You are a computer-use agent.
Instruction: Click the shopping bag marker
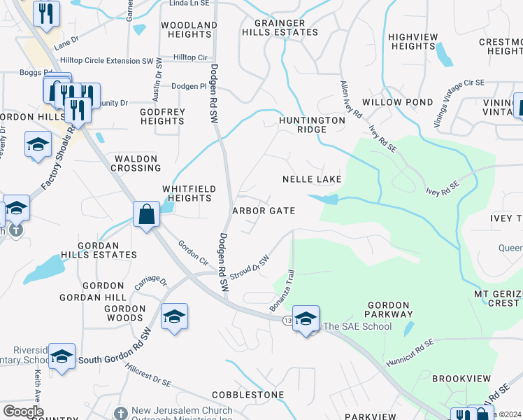(x=147, y=213)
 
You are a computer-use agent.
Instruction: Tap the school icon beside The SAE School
(x=306, y=319)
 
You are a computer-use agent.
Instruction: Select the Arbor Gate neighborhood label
(x=264, y=211)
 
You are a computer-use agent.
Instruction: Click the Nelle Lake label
(x=312, y=179)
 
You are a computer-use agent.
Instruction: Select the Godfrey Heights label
(x=162, y=116)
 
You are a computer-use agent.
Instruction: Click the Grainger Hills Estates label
(x=280, y=28)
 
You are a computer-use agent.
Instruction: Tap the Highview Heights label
(x=413, y=41)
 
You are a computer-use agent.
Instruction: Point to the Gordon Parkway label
(x=388, y=309)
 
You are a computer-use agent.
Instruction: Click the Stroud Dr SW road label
(x=250, y=267)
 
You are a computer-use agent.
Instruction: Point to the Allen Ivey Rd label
(x=350, y=99)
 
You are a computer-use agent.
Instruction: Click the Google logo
(x=23, y=412)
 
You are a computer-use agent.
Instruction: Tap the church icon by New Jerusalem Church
(x=120, y=414)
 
